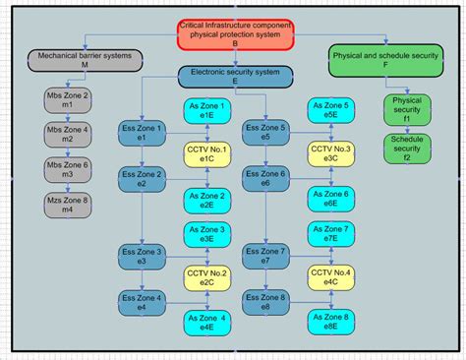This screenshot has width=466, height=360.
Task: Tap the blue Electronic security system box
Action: click(x=235, y=77)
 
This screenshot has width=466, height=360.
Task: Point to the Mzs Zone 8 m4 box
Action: click(x=68, y=206)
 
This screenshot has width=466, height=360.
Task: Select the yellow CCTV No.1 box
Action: click(x=206, y=154)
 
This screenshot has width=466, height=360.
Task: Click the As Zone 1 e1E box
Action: click(x=207, y=110)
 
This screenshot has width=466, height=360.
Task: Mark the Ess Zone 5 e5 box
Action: click(x=268, y=132)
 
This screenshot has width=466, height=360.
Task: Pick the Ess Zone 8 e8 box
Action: click(x=268, y=302)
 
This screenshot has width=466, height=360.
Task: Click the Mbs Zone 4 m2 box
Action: click(x=68, y=135)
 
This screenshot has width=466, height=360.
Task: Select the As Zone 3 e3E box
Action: click(x=207, y=234)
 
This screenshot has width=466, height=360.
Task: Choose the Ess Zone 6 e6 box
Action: click(x=268, y=178)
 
